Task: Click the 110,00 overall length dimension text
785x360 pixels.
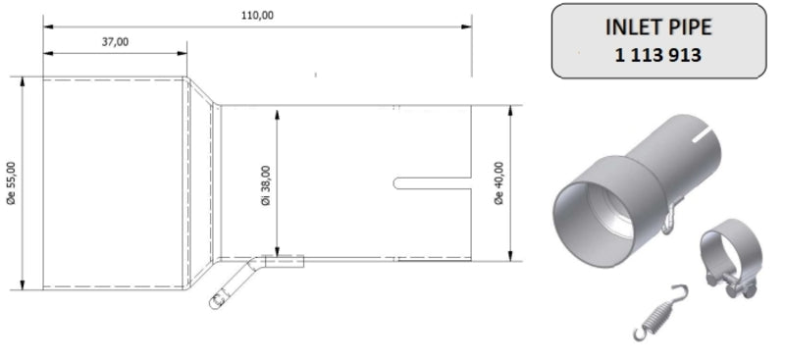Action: [256, 13]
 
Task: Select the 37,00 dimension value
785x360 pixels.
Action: [115, 41]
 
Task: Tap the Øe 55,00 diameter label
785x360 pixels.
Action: [11, 184]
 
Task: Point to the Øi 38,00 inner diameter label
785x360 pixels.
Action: [267, 183]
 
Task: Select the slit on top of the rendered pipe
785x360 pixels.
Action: [705, 131]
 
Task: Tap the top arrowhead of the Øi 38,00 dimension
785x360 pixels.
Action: [280, 108]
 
